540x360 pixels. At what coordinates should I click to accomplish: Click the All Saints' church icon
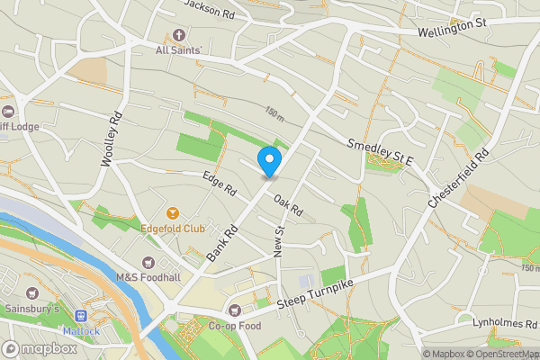[x=178, y=36]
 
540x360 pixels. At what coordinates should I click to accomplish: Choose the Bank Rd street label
[x=220, y=243]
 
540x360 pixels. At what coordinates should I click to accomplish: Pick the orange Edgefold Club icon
[x=173, y=213]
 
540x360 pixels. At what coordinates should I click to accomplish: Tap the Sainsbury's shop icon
[x=33, y=293]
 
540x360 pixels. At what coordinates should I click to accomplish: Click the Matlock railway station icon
[x=80, y=316]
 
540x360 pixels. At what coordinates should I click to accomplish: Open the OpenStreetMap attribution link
[x=502, y=354]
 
